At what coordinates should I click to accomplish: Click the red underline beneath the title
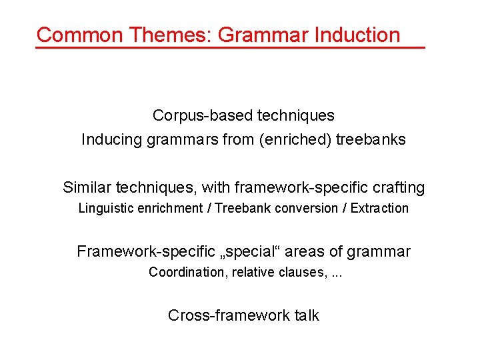pos(230,47)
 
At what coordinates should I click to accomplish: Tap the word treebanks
pos(371,139)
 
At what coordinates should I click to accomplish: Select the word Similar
pos(87,187)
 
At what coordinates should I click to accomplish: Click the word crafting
pos(398,187)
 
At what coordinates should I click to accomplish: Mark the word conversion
pos(303,208)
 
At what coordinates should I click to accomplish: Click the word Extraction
pos(379,208)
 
